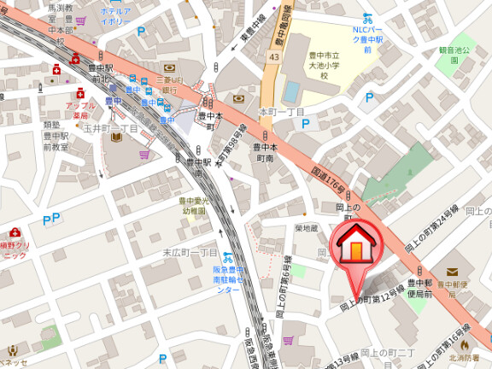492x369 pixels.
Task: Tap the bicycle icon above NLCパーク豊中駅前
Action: [367, 17]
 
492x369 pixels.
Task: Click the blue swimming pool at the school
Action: [292, 91]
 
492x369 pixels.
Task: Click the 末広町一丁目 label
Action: [190, 253]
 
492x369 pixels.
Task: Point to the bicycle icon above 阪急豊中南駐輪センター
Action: [227, 256]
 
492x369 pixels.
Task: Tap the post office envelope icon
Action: [452, 271]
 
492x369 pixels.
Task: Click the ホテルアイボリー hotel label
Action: [115, 16]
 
